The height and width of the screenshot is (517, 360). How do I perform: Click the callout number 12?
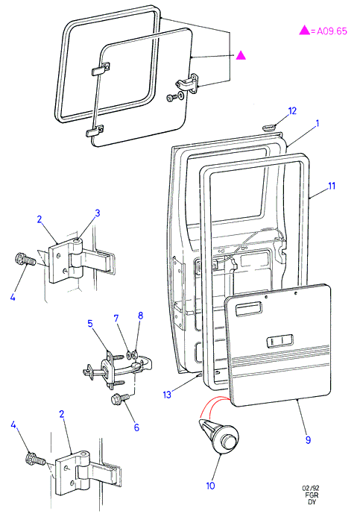tap(292, 111)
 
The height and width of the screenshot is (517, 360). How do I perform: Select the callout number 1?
tap(318, 123)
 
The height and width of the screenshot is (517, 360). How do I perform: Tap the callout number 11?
tap(332, 186)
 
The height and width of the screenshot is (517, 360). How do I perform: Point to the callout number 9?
tap(308, 440)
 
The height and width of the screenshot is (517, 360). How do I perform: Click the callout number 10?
tap(210, 486)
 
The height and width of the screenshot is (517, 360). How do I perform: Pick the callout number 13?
tap(167, 395)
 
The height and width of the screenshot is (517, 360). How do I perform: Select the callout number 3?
tap(98, 213)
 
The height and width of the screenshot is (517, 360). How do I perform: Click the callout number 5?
tap(90, 324)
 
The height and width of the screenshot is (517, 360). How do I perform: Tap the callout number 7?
tap(116, 318)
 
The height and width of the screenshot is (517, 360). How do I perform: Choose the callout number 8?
tap(141, 316)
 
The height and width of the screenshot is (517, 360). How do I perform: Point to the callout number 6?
tap(136, 427)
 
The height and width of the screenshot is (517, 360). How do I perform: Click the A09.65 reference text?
tap(332, 31)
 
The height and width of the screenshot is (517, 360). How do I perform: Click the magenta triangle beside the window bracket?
tap(241, 55)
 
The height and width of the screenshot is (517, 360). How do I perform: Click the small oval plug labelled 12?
tap(269, 127)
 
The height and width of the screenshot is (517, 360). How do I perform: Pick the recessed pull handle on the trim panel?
tap(248, 310)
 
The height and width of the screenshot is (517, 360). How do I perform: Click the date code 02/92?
tap(311, 489)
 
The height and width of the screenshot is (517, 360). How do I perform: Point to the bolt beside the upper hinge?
tap(25, 259)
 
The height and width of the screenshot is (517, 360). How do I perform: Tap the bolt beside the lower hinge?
tap(35, 459)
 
